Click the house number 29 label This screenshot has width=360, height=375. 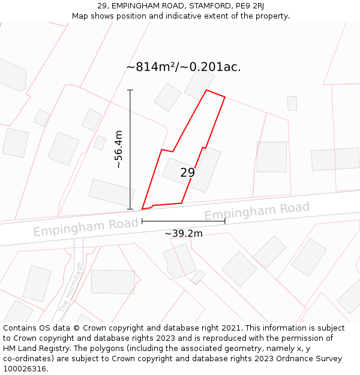pos(188,173)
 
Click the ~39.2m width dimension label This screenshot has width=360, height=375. pos(183,233)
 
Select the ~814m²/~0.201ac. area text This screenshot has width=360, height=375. pos(184,67)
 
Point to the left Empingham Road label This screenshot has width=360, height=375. pos(86,227)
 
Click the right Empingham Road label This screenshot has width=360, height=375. pos(257,211)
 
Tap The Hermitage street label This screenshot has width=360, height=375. pos(70,287)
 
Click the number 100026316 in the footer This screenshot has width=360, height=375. pos(26,369)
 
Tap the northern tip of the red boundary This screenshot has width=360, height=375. pos(206,91)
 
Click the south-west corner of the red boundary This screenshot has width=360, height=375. pos(142,209)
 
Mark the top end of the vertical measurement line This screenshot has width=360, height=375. pos(130,90)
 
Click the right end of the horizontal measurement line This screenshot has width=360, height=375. pos(225,221)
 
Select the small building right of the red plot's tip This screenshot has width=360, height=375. pos(292,103)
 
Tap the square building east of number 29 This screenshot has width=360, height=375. pos(271,157)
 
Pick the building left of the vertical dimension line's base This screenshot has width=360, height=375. pos(112,192)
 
